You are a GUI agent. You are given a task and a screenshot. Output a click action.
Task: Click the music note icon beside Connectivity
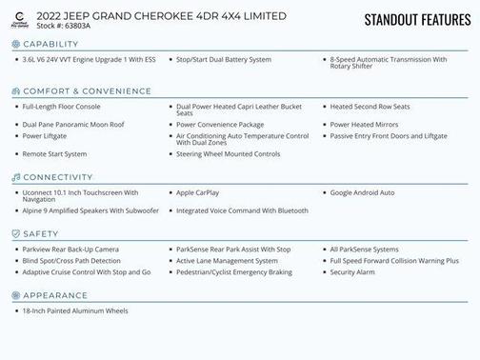point(15,177)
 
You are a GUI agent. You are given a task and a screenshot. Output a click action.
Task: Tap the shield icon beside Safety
point(15,233)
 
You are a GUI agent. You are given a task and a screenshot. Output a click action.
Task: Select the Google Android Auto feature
point(362,192)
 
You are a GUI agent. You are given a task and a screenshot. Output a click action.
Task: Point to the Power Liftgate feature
point(45,136)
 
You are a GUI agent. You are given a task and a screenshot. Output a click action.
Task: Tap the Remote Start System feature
point(54,153)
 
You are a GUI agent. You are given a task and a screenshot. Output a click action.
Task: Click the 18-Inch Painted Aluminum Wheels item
point(74,310)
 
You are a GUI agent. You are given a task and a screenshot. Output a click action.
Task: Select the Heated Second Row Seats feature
point(370,107)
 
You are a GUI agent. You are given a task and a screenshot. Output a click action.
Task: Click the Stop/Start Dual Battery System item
point(223,59)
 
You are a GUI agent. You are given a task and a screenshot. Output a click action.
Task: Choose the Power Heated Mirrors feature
point(364,125)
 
